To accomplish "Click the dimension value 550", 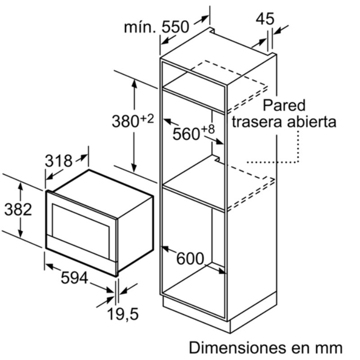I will pyautogui.click(x=175, y=27).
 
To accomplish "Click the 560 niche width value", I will pyautogui.click(x=186, y=134).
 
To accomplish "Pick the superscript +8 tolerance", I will pyautogui.click(x=208, y=129).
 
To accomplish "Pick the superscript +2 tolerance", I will pyautogui.click(x=148, y=118).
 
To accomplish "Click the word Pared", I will pyautogui.click(x=284, y=106).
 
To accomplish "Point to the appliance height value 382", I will pyautogui.click(x=18, y=209).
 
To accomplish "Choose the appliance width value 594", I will pyautogui.click(x=74, y=279).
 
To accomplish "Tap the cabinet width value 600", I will pyautogui.click(x=190, y=258).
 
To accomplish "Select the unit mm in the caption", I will pyautogui.click(x=330, y=347).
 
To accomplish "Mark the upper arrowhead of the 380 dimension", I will pyautogui.click(x=134, y=81).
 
